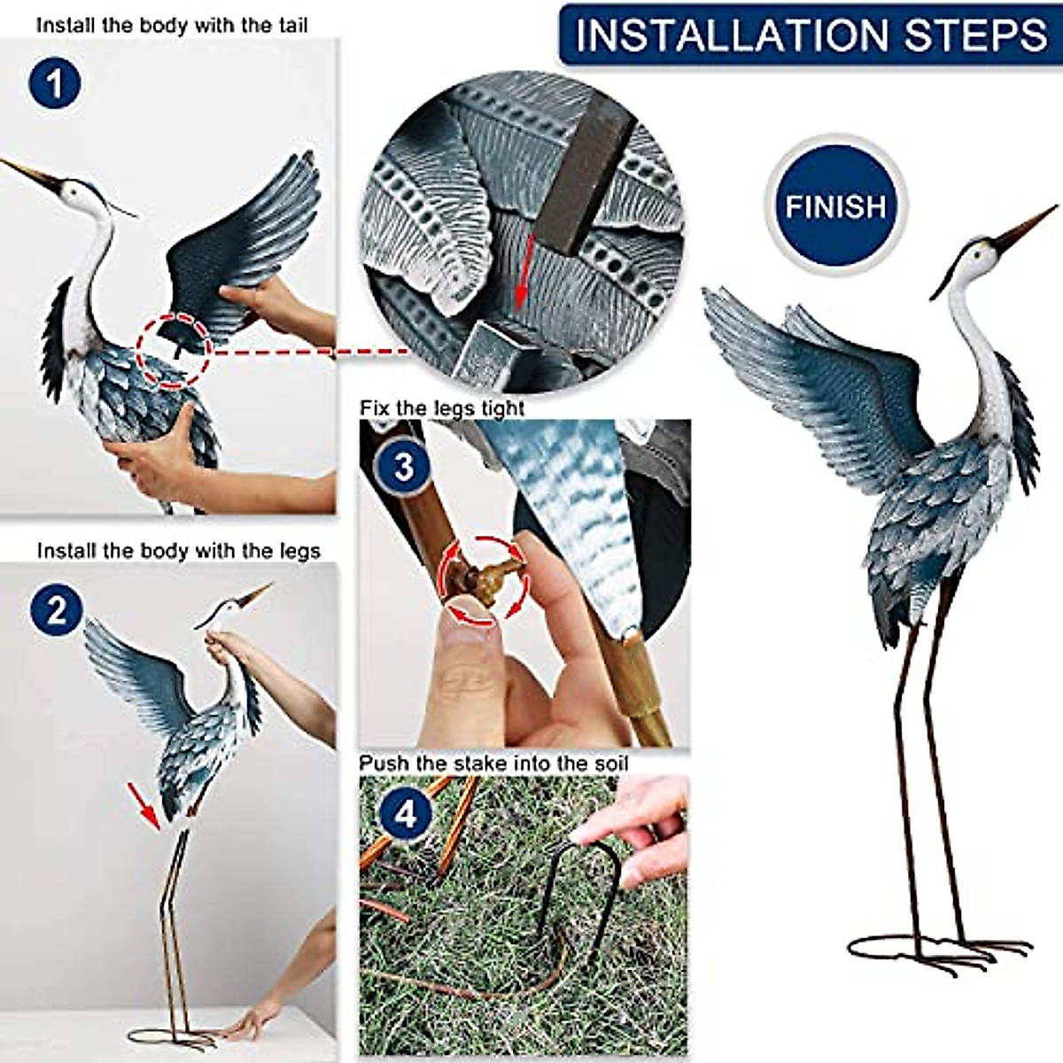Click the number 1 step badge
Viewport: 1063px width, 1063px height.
click(x=56, y=85)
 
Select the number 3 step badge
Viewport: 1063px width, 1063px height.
click(x=403, y=466)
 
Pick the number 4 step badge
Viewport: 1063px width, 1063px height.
click(x=405, y=813)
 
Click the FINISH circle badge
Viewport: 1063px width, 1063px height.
click(x=834, y=206)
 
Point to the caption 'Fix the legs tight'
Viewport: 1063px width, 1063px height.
click(x=442, y=408)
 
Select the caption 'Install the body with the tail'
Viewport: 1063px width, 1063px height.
click(x=172, y=26)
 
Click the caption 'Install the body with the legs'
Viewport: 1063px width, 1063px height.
click(x=178, y=551)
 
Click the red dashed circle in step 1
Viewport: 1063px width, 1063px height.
click(x=175, y=351)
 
